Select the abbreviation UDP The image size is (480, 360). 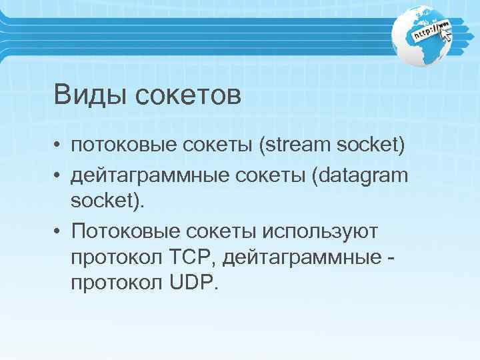(192, 283)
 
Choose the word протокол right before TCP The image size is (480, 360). (114, 257)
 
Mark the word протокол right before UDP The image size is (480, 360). (114, 283)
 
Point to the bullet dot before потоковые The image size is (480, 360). (59, 146)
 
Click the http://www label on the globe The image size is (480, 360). (432, 30)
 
